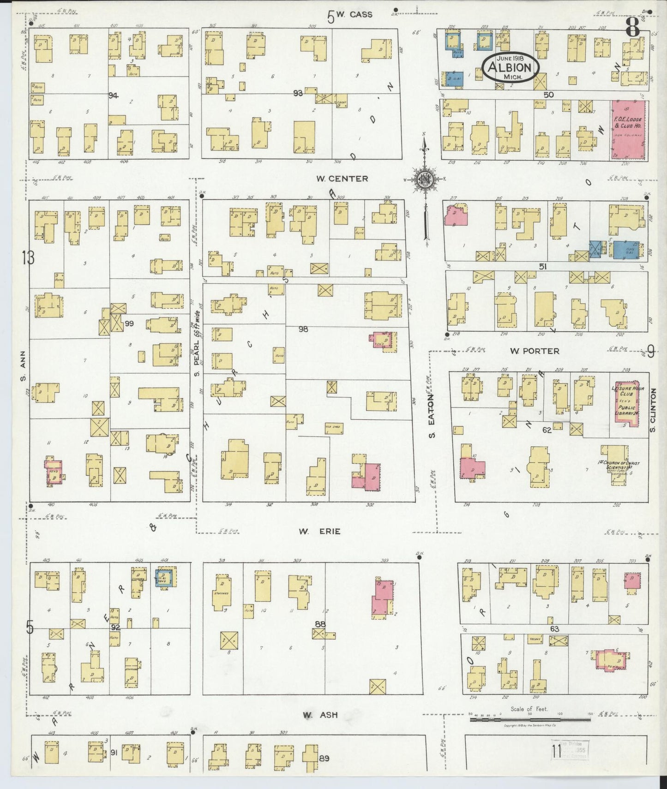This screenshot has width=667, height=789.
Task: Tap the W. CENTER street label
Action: coord(342,179)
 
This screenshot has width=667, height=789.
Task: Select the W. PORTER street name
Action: coord(535,351)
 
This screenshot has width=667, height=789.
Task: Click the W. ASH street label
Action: coord(320,715)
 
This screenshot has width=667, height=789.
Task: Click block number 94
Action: coord(113,96)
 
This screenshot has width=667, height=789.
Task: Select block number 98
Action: coord(303,329)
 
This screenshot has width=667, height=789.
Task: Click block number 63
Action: coord(554,628)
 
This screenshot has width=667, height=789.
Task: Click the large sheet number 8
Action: coord(632,29)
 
